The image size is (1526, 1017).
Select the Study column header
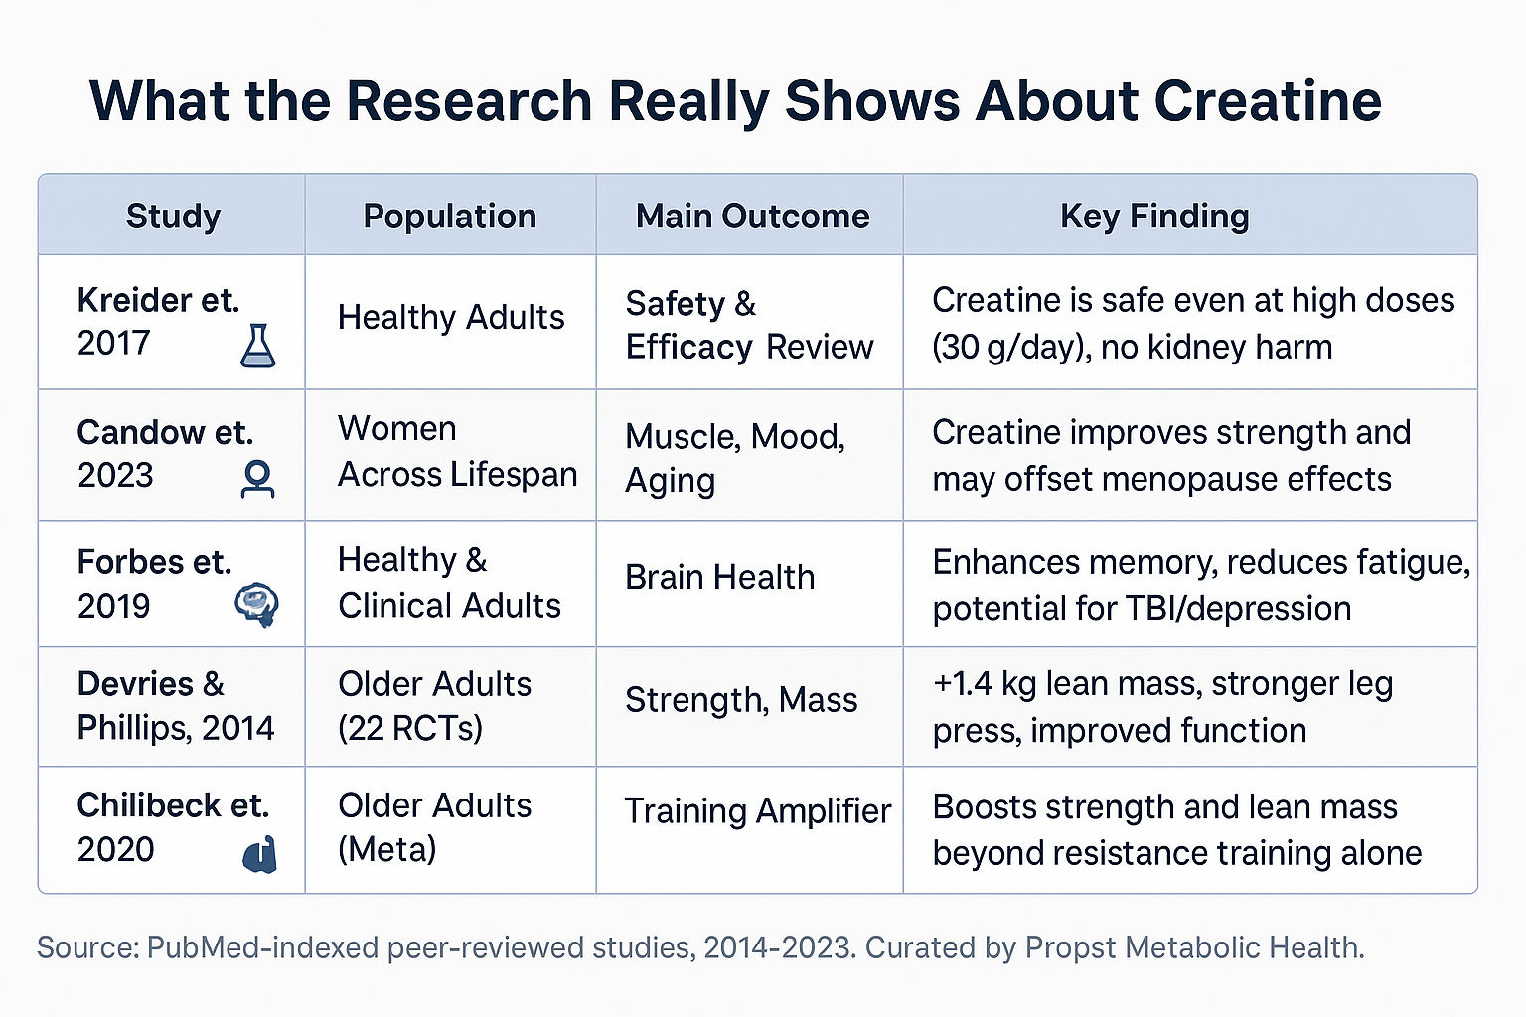[x=173, y=216]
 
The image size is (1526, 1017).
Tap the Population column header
[x=449, y=216]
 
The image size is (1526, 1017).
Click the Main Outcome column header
[x=752, y=216]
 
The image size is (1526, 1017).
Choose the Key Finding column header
[x=1153, y=216]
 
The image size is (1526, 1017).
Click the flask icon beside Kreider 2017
[x=258, y=346]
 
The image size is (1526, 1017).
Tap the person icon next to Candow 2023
[x=257, y=479]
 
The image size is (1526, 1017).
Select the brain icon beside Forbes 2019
[x=256, y=604]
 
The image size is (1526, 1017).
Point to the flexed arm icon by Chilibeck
[x=259, y=854]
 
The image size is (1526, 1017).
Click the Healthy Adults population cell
[x=450, y=318]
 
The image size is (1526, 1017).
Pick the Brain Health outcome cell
[x=719, y=577]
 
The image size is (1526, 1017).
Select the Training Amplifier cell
[x=757, y=811]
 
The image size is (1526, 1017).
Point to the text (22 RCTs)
[x=409, y=729]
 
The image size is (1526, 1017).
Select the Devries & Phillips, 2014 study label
[x=175, y=706]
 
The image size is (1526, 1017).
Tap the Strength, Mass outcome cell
[x=740, y=700]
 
